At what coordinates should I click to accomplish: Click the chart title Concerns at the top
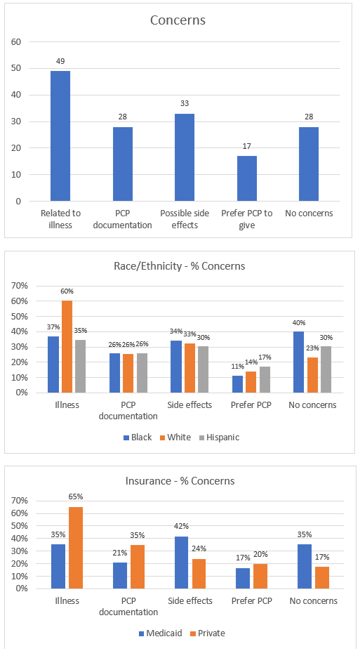point(178,20)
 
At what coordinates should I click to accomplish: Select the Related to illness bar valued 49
point(60,136)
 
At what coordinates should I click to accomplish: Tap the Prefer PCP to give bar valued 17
point(247,178)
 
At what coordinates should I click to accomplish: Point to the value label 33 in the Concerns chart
point(185,103)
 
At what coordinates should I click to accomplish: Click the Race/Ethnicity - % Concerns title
point(180,265)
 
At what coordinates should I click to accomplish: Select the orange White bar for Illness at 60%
point(67,347)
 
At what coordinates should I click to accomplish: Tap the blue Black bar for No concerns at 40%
point(299,362)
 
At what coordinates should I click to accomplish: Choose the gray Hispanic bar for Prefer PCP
point(265,379)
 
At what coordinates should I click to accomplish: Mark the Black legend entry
point(138,438)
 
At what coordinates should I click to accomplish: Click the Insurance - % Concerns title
point(180,481)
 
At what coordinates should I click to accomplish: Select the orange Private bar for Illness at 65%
point(76,548)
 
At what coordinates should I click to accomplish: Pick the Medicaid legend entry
point(156,633)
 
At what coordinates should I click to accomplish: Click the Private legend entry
point(208,633)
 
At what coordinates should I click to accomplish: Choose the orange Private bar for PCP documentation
point(138,567)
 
